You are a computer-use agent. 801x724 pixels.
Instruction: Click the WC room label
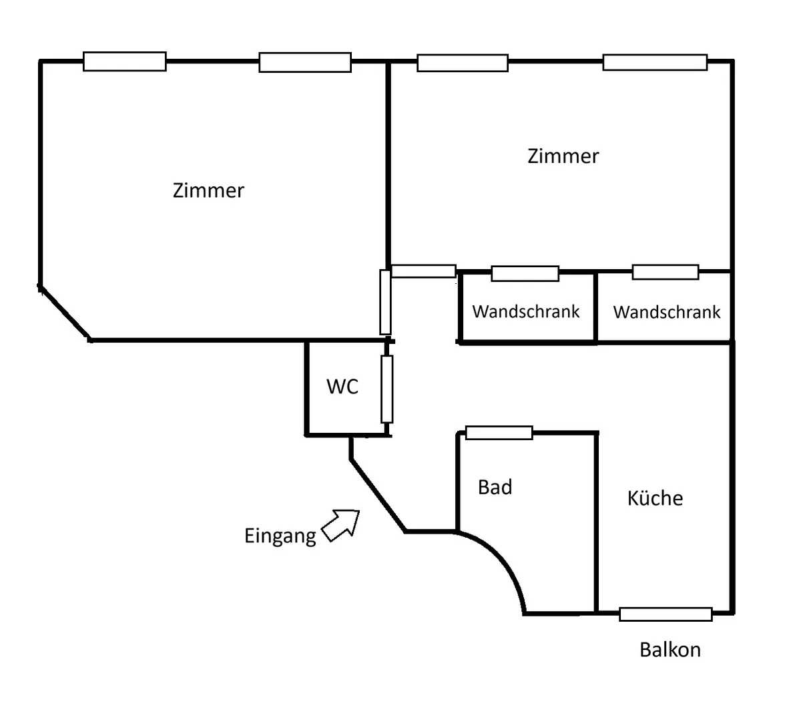coord(342,386)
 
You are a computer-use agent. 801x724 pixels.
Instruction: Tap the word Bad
coord(495,487)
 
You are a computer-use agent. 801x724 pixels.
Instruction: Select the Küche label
coord(655,498)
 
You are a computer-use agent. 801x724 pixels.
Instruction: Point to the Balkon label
coord(670,650)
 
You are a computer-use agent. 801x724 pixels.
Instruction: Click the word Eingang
coord(280,536)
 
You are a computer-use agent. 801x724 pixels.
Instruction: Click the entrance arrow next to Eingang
coord(340,525)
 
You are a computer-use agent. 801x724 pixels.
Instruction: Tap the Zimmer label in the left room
coord(208,190)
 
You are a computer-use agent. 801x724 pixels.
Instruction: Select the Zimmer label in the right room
coord(563,156)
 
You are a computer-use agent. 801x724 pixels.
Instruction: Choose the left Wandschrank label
coord(526,312)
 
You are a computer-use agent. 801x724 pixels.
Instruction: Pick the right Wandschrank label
coord(667,312)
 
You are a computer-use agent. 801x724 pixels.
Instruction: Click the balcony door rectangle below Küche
coord(665,614)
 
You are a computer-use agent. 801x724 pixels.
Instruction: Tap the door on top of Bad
coord(499,433)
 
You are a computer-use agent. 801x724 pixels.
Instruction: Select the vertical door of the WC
coord(386,389)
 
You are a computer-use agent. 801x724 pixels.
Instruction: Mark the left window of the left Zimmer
coord(125,61)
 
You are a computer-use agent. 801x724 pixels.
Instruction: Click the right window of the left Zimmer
coord(305,62)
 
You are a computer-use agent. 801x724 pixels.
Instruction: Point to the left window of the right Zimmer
coord(463,63)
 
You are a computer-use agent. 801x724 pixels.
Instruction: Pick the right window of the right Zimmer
coord(655,62)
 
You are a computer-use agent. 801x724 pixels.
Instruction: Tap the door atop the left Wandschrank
coord(525,274)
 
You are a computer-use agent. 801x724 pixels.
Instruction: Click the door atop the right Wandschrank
coord(665,272)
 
